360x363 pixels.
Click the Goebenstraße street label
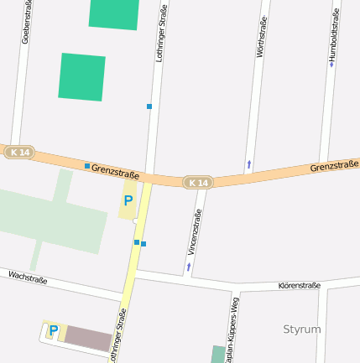26,22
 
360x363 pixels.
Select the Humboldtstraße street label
335,34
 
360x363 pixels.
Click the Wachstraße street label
28,277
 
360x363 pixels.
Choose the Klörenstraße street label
299,286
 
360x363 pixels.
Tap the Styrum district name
302,329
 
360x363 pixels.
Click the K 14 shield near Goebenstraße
19,153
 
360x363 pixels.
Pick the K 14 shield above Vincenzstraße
198,182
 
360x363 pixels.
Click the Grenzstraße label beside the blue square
115,170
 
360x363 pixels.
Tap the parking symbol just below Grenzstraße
128,201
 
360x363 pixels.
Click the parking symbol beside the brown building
53,330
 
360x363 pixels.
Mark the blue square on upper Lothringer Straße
149,106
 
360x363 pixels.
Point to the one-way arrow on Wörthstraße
249,163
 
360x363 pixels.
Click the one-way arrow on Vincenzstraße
188,266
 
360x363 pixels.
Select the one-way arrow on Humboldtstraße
331,63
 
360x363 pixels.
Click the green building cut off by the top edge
113,13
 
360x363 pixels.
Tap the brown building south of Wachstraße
89,339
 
